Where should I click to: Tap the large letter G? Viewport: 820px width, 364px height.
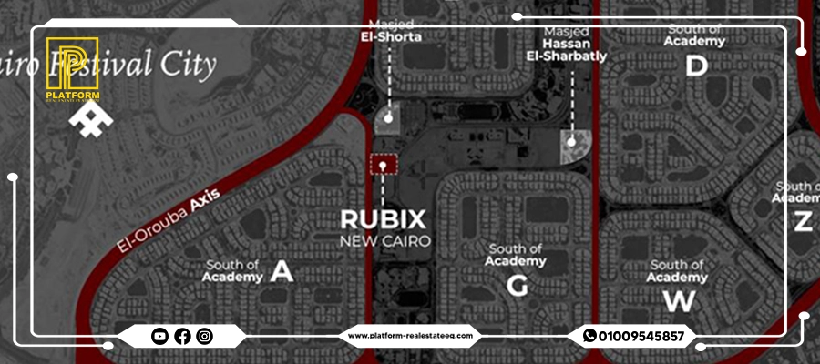coord(518,286)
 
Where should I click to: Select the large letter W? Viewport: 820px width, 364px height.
coord(678,299)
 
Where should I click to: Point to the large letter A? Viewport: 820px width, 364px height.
coord(282,271)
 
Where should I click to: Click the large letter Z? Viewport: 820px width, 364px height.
coord(802,220)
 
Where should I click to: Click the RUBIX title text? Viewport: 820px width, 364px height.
coord(383,219)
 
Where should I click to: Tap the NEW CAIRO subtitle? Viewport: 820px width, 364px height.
coord(384,241)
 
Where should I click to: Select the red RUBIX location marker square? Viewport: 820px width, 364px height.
coord(384,166)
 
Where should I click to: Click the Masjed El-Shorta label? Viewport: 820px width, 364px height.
coord(389,31)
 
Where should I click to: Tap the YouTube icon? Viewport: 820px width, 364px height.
coord(159,337)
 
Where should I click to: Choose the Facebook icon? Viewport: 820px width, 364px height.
coord(182,337)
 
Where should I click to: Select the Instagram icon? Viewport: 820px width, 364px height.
coord(205,337)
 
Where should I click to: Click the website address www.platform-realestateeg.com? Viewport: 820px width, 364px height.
coord(410,337)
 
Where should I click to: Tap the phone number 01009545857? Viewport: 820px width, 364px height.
coord(641,337)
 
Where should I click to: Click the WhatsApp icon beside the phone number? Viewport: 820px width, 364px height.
coord(589,337)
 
